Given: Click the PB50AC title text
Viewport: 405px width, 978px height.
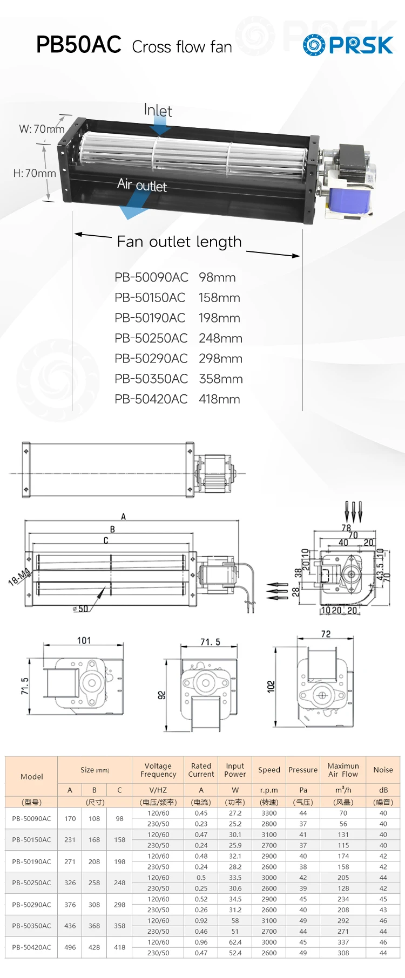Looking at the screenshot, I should [x=78, y=45].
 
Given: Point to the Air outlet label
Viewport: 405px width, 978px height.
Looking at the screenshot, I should [x=142, y=185].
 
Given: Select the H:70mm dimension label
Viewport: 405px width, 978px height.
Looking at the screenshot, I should [x=35, y=173].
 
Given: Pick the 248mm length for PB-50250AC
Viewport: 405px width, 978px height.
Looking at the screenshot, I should [x=220, y=338].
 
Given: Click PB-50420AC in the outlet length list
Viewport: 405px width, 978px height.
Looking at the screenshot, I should [x=151, y=399].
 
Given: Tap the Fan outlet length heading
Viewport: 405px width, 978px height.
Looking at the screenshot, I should [x=179, y=242].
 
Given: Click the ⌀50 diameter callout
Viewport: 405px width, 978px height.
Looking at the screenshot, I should [x=80, y=609].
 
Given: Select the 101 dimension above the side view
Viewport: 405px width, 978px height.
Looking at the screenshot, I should [x=84, y=640].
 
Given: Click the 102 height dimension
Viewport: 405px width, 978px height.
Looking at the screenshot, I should [x=271, y=687].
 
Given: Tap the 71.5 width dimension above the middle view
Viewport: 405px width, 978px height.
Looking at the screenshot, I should [x=210, y=642].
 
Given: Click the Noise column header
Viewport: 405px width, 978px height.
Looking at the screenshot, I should [x=383, y=770].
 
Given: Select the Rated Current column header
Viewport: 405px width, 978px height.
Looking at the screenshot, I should [x=201, y=770].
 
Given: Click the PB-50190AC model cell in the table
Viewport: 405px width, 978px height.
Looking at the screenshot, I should [x=31, y=861].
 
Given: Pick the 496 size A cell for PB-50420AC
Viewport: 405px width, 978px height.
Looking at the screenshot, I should [x=70, y=947].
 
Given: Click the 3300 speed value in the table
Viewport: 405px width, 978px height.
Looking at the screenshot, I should [x=269, y=813].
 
